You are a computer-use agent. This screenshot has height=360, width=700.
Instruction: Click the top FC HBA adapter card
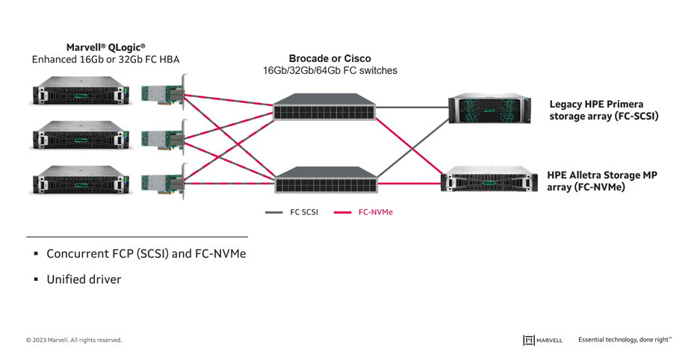pos(164,95)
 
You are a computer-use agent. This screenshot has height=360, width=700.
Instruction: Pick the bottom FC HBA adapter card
pos(164,183)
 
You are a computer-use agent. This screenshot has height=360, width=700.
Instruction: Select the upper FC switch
pos(324,108)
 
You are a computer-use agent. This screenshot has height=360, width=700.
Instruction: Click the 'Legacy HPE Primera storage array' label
pos(604,110)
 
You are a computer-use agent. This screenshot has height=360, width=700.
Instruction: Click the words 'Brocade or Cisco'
pos(329,58)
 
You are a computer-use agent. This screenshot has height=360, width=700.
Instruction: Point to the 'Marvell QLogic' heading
pos(105,48)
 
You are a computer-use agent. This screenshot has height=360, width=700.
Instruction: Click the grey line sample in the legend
pos(273,212)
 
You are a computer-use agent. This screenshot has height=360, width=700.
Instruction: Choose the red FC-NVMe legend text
pos(375,212)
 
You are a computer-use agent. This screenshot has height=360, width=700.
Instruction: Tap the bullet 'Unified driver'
pos(84,280)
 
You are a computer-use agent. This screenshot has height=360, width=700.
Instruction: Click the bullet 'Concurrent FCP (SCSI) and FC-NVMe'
pos(146,254)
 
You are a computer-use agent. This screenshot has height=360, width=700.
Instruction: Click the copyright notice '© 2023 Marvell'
pos(74,340)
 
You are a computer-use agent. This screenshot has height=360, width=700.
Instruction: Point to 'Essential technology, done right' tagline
pos(625,340)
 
